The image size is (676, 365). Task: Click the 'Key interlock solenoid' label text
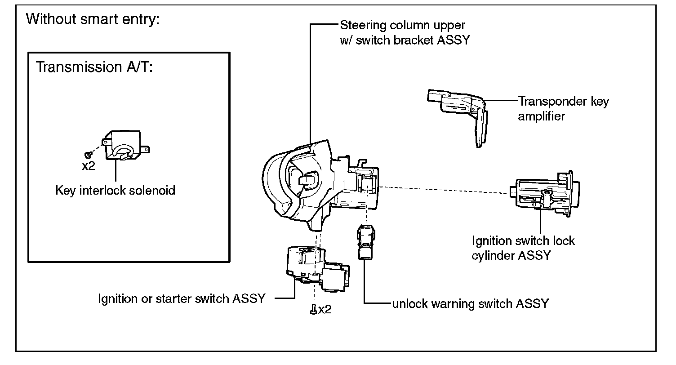[115, 191]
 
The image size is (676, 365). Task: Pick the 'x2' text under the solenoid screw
[89, 166]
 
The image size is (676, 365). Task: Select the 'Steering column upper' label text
[402, 25]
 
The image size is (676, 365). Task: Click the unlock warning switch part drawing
[365, 243]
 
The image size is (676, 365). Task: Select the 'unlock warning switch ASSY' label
[470, 303]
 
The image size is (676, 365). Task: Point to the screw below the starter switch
[313, 310]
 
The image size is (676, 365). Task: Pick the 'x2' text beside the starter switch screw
[325, 310]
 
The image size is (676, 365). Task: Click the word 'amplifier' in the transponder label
[541, 117]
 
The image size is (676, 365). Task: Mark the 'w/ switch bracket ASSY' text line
[405, 40]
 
